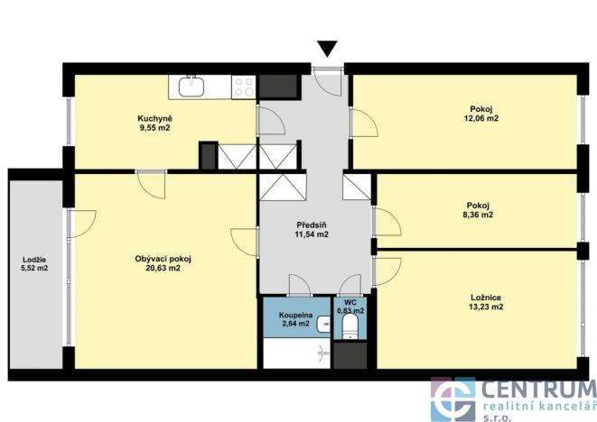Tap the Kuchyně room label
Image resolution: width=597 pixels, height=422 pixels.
[x=154, y=118]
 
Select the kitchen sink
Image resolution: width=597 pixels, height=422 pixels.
[x=191, y=87]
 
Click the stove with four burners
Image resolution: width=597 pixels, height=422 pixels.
[x=243, y=87]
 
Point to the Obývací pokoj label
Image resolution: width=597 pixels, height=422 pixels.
[x=163, y=259]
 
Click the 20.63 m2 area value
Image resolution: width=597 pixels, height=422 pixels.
[x=163, y=269]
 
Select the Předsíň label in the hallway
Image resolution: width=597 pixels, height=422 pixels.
[x=312, y=225]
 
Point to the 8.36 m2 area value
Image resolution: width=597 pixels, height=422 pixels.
[x=479, y=216]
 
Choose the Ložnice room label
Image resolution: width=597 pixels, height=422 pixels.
[x=487, y=298]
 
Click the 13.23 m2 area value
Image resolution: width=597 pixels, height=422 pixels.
[x=487, y=307]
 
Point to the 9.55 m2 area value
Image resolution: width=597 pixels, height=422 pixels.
[x=154, y=128]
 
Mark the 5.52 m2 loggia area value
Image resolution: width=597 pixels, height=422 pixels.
[x=34, y=269]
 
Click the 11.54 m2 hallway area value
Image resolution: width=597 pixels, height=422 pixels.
[x=312, y=234]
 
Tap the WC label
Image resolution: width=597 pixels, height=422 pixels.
[x=349, y=303]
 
